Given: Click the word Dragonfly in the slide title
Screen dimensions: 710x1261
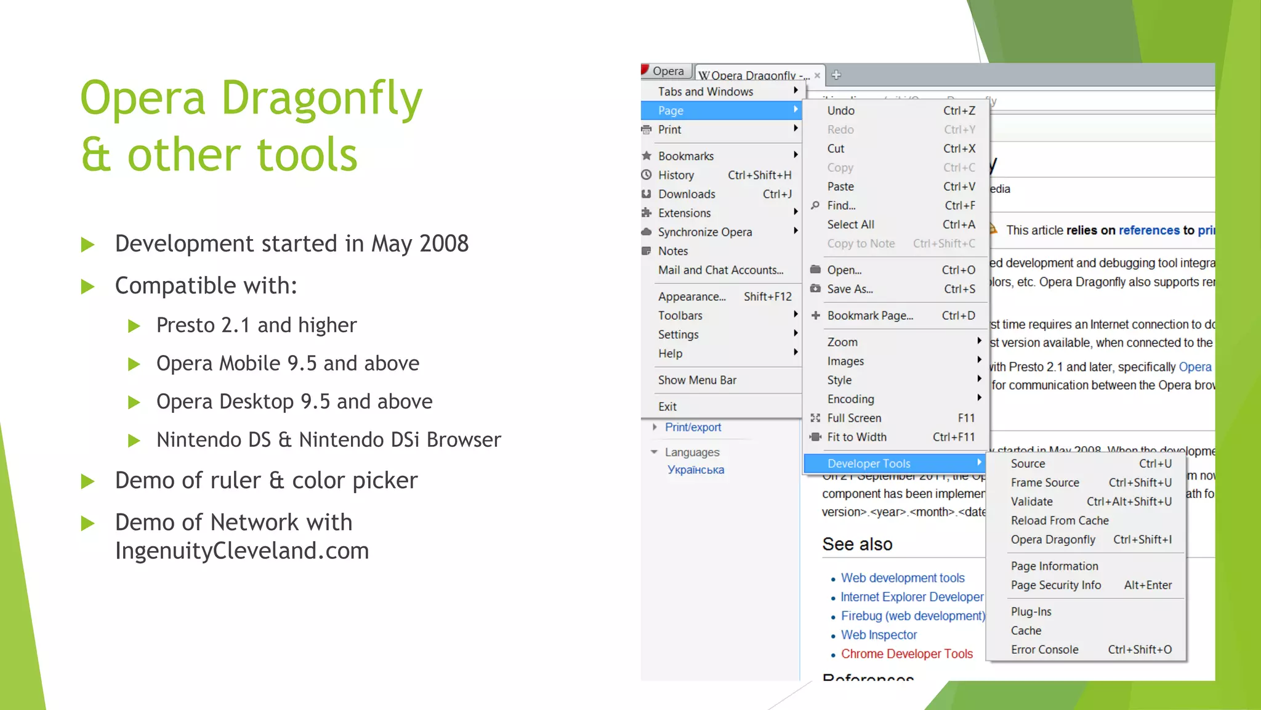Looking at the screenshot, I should click(321, 99).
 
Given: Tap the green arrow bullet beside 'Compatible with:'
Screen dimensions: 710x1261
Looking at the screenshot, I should click(88, 287).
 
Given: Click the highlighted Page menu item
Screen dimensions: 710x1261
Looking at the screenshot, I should click(671, 110).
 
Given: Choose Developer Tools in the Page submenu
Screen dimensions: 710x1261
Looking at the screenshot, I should click(868, 463).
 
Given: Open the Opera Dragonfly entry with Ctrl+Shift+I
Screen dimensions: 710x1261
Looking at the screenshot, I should click(1053, 540).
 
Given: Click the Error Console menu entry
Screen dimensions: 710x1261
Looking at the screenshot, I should click(1044, 650).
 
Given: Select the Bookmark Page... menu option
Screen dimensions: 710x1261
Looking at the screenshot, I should click(869, 316).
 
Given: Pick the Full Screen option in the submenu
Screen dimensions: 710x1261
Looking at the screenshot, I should click(854, 418).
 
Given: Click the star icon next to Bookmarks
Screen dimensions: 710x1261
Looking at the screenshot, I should click(647, 156).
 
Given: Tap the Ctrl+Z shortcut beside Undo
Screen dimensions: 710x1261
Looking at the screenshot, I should click(959, 111).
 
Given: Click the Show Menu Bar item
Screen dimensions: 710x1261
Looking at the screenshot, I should click(697, 380).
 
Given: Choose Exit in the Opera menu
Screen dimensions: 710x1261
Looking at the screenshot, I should click(667, 407).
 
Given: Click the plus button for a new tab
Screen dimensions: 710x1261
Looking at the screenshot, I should click(836, 75).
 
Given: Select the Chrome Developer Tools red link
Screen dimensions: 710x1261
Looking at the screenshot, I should click(906, 654).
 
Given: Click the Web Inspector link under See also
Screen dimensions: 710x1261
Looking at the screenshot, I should click(879, 635).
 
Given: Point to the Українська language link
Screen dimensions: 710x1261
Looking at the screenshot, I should click(696, 470).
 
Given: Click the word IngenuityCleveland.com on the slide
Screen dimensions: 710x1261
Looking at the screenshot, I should click(242, 551).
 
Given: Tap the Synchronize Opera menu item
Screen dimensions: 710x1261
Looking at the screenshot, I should click(705, 232).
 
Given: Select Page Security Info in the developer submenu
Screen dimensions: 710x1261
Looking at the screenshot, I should click(1055, 586).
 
